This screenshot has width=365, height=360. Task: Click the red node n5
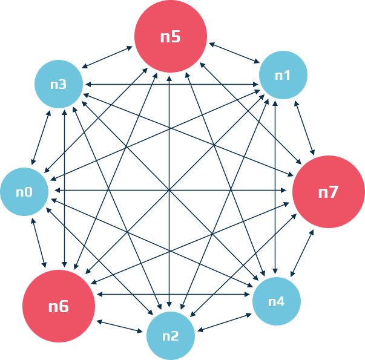171,37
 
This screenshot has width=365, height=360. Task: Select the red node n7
328,192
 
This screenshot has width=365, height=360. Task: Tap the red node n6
59,306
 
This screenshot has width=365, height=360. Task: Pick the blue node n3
59,84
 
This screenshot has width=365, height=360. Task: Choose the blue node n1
283,75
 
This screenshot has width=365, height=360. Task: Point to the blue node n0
24,192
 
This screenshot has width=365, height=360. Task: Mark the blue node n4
276,301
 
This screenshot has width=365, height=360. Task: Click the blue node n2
171,335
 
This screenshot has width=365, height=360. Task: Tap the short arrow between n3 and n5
108,57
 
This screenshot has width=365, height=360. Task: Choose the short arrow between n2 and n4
223,321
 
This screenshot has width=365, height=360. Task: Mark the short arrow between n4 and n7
303,254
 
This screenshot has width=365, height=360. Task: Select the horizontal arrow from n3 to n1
171,83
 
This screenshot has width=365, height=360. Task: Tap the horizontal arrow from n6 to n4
173,295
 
